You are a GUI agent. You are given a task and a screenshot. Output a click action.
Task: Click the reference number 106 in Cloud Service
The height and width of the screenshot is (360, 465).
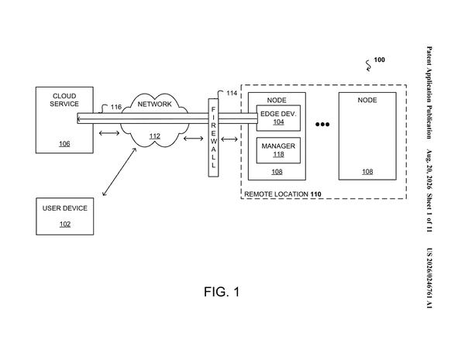[64, 144]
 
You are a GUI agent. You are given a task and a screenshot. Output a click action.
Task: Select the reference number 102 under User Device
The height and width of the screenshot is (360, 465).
[65, 225]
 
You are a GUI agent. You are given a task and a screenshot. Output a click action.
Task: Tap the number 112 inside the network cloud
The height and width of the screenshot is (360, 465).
[155, 136]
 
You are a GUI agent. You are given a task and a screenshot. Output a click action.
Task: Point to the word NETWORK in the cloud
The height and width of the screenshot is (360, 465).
[154, 105]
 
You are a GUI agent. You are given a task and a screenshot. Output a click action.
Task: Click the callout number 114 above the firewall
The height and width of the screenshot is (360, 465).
[232, 94]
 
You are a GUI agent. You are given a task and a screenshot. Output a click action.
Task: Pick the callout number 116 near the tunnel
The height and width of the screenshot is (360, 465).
[116, 107]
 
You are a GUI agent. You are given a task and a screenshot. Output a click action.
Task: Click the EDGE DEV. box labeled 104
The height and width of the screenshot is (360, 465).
[278, 118]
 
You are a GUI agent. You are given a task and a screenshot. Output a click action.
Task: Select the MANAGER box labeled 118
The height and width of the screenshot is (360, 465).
[278, 150]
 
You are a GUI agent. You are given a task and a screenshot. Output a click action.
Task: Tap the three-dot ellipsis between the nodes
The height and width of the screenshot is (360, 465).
[322, 125]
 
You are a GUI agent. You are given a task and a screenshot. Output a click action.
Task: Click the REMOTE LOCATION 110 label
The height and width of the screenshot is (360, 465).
[283, 194]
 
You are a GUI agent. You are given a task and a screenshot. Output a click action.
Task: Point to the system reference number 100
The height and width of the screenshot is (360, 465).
[379, 60]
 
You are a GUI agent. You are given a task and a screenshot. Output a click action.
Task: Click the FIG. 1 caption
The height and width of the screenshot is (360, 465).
[222, 292]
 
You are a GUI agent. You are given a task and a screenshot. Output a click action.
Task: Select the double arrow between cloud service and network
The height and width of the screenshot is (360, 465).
[109, 133]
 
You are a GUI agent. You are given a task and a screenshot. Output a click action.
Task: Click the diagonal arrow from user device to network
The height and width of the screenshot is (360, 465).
[119, 172]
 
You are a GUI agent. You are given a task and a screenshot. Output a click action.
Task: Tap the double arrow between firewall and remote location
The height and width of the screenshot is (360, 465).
[229, 139]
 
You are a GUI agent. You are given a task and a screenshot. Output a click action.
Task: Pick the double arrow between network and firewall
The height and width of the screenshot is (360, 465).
[193, 139]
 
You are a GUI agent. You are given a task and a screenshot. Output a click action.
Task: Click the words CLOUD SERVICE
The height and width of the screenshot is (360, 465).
[64, 100]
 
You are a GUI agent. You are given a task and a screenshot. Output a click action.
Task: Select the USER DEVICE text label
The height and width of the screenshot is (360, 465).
[65, 208]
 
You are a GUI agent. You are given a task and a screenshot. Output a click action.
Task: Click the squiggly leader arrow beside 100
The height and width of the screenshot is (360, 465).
[368, 66]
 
